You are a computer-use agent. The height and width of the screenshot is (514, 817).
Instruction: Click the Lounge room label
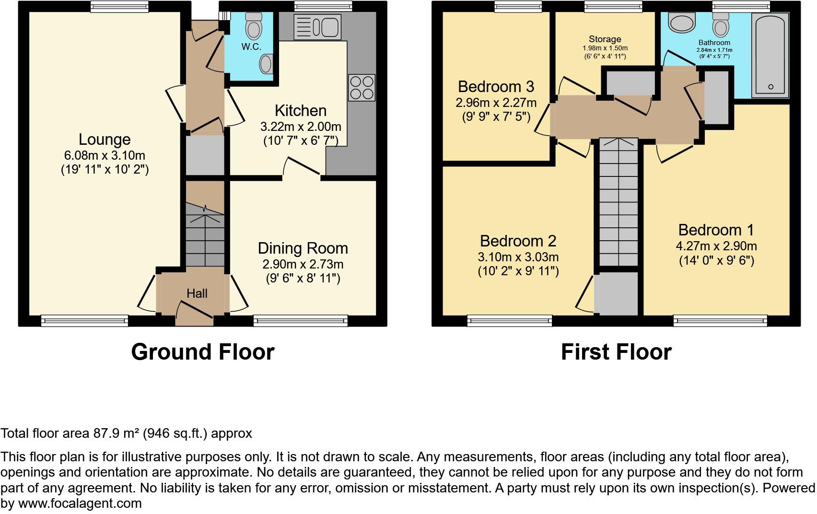[x=105, y=140]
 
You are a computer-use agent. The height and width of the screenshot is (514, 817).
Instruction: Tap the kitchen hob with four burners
[x=362, y=88]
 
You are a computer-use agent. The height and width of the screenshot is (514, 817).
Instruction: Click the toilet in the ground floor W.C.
[x=254, y=26]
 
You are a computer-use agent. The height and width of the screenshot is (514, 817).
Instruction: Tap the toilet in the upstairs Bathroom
[x=720, y=24]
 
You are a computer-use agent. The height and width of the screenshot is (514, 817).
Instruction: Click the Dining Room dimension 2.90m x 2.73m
[x=303, y=264]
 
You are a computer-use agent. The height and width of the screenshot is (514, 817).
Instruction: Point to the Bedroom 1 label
[x=716, y=230]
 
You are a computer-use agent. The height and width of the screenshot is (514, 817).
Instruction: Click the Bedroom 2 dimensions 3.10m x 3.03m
[x=518, y=257]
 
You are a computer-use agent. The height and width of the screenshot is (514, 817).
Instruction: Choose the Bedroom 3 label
[x=496, y=87]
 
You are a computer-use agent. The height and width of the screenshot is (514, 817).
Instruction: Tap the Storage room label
[x=605, y=39]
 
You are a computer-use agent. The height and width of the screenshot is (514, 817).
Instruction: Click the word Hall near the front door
[x=197, y=293]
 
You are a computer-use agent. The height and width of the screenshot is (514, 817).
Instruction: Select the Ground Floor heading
[x=202, y=352]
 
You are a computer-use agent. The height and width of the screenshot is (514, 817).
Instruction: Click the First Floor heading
[x=616, y=352]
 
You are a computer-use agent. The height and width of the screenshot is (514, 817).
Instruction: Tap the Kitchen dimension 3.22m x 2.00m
[x=301, y=127]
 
